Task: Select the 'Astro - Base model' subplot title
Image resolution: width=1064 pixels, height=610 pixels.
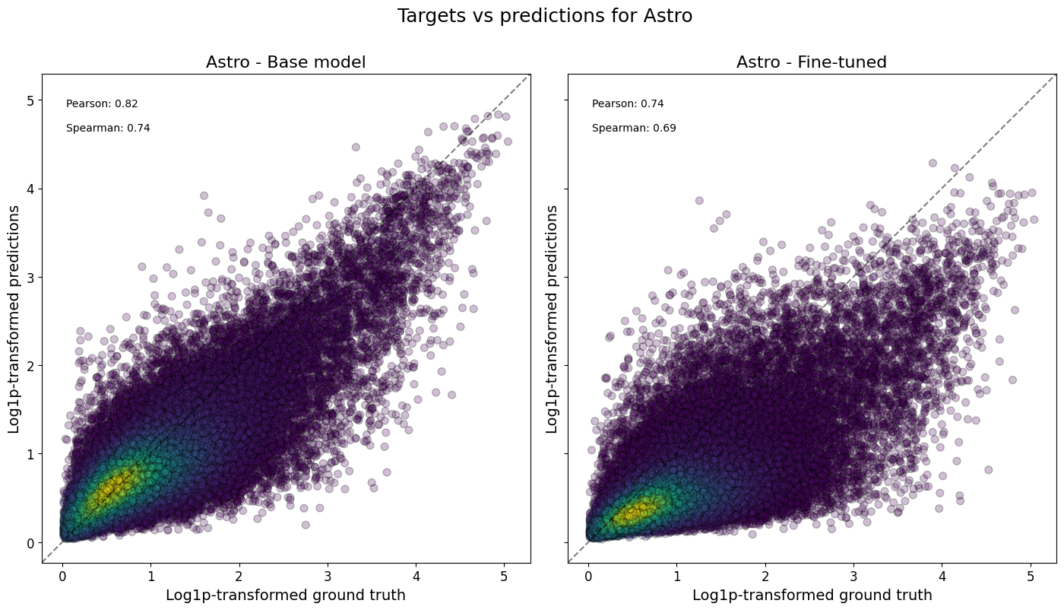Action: coord(286,62)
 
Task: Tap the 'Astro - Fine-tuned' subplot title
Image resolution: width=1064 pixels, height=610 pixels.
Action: coord(811,62)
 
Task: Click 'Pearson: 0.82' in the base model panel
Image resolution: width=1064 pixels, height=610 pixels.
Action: coord(102,104)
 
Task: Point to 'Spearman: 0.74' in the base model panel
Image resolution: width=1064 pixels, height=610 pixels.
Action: coord(108,129)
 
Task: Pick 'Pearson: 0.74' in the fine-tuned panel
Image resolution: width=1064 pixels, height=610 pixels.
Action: coord(628,104)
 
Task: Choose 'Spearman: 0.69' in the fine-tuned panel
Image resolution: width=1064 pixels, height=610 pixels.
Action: coord(634,129)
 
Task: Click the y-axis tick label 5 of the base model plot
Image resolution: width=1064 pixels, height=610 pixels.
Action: coord(30,100)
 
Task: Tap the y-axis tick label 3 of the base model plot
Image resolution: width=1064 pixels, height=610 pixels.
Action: coord(30,278)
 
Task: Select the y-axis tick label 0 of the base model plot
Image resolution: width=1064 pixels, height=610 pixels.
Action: coord(30,543)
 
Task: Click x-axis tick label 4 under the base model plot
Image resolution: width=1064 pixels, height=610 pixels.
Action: coord(416,576)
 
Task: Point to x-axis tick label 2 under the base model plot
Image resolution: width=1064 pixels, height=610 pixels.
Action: coord(239,576)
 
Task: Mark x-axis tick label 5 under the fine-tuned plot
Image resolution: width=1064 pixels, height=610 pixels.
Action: coord(1031,576)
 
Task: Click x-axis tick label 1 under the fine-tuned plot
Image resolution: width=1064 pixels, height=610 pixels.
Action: coord(676,576)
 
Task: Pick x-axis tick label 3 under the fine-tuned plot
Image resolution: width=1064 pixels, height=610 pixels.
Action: coord(853,576)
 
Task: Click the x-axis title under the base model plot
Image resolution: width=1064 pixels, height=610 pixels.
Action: coord(286,595)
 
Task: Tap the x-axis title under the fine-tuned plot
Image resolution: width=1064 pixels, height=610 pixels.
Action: coord(812,595)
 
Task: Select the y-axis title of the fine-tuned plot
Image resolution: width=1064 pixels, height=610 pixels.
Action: coord(552,319)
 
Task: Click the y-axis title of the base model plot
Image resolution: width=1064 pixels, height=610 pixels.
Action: coord(14,319)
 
